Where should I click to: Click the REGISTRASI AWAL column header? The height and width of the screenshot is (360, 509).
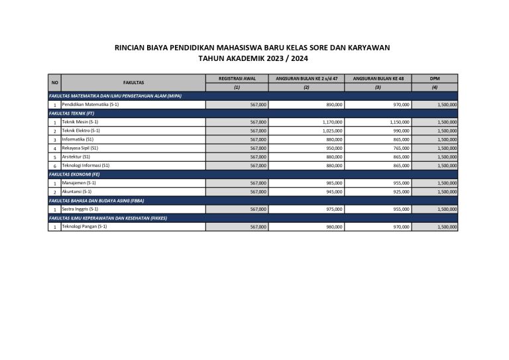point(237,78)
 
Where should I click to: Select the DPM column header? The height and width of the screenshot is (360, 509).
point(435,78)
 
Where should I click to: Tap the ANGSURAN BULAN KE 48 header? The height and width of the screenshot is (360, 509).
point(378,78)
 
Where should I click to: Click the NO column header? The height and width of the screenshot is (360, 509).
point(55,82)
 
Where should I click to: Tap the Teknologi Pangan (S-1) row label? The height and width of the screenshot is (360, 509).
point(84,227)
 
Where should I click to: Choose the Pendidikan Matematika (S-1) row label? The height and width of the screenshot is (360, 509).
point(91,105)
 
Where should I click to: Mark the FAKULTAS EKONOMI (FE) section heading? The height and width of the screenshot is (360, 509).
point(73,174)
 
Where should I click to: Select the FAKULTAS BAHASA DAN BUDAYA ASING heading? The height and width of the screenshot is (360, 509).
point(96,200)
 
